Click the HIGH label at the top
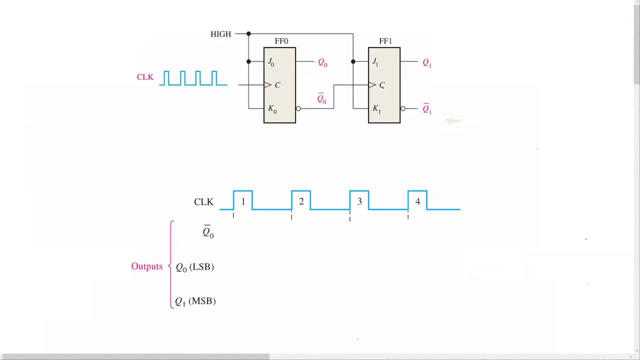point(220,34)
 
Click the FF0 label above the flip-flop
point(281,41)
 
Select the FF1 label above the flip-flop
point(385,41)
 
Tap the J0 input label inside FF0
point(271,62)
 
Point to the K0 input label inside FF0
point(272,109)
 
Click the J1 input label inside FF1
point(375,62)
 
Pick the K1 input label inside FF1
point(376,109)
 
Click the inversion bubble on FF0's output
point(298,108)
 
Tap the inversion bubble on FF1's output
point(403,108)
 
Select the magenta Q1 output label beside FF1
point(426,62)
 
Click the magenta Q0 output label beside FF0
point(322,62)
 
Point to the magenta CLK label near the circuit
point(145,77)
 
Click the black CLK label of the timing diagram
point(203,202)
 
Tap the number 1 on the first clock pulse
point(243,201)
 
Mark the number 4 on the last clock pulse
point(417,201)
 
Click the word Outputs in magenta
point(146,266)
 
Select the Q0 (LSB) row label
point(194,267)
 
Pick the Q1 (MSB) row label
point(195,301)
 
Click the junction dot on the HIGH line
point(248,34)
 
